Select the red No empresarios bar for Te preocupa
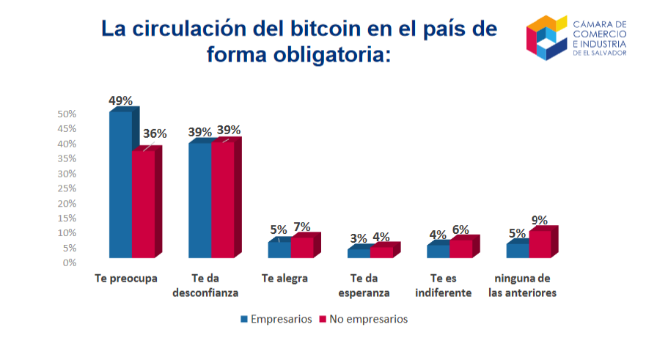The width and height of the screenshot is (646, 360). click(143, 204)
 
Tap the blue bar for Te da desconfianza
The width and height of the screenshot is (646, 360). click(199, 199)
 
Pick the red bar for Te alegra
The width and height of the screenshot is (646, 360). click(302, 247)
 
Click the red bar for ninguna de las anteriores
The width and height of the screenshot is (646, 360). click(539, 244)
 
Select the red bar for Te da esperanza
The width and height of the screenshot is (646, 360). click(381, 251)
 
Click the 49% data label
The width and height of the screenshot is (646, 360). click(120, 100)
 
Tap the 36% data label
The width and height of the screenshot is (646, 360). click(155, 134)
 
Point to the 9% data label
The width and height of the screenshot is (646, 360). click(540, 219)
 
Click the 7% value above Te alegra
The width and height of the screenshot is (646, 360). click(302, 227)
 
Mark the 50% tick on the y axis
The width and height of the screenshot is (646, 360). click(67, 114)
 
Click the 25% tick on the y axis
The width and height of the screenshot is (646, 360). click(67, 188)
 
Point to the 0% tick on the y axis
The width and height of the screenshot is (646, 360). click(70, 262)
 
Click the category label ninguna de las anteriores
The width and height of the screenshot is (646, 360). click(523, 285)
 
